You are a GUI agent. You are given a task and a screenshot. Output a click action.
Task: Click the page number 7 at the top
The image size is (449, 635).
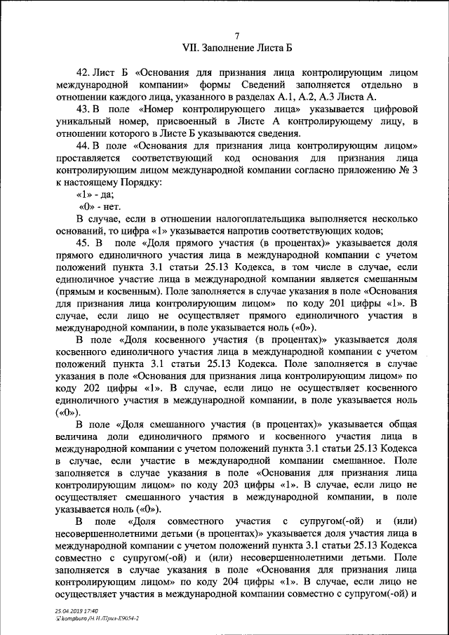click(x=237, y=36)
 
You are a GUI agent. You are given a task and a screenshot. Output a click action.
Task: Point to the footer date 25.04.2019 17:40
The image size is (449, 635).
click(x=77, y=611)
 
